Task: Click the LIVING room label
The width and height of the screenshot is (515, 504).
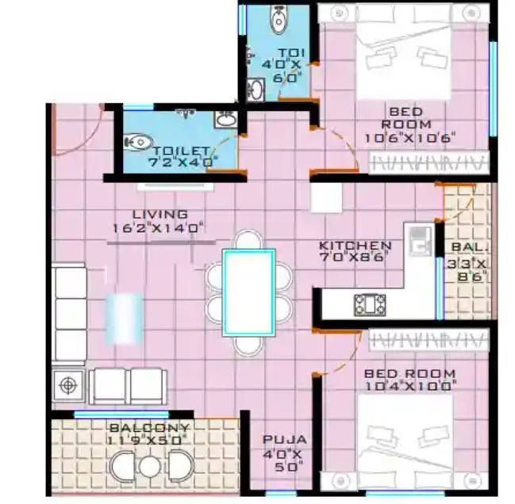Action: [x=159, y=214]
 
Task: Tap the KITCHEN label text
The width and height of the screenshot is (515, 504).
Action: [x=355, y=246]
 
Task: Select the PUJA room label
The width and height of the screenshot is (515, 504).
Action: [x=285, y=439]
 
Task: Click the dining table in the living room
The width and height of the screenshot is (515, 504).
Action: [x=249, y=291]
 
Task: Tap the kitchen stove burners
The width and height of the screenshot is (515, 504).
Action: [x=371, y=303]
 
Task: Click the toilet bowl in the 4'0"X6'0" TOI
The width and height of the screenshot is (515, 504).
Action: [x=278, y=21]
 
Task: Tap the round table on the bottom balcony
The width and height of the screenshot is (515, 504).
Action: [x=149, y=467]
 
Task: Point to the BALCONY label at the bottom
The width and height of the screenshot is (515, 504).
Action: [x=148, y=427]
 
